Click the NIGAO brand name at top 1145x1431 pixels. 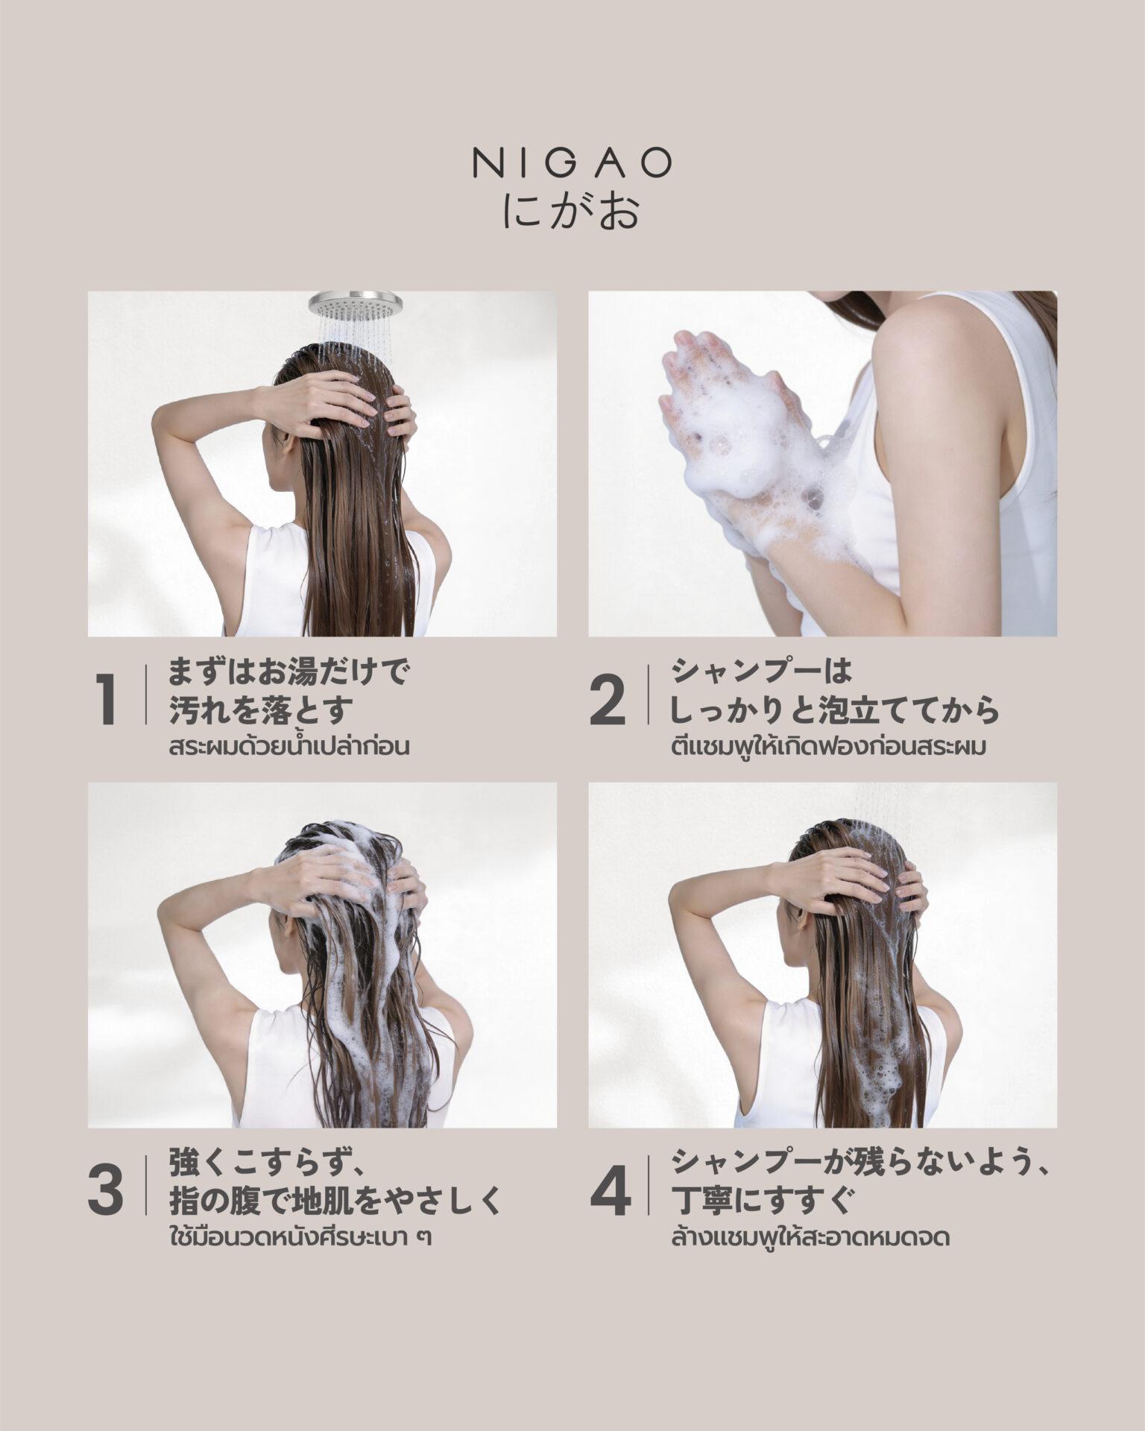click(572, 164)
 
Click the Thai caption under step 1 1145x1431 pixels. click(290, 747)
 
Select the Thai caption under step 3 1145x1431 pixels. click(301, 1239)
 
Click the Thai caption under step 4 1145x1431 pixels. click(810, 1239)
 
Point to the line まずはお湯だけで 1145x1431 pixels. click(290, 675)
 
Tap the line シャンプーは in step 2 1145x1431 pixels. click(761, 675)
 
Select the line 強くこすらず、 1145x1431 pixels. click(265, 1165)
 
